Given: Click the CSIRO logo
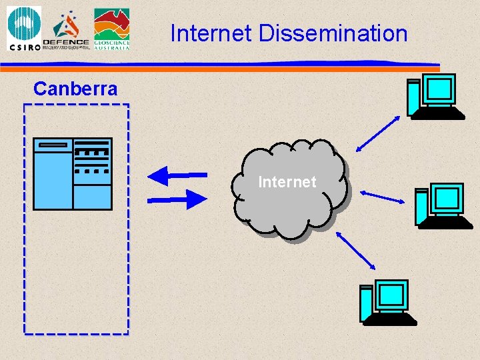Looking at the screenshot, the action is pyautogui.click(x=24, y=29).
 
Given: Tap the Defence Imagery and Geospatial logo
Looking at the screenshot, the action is pyautogui.click(x=66, y=30).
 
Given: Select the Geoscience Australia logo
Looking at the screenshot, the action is pyautogui.click(x=111, y=29).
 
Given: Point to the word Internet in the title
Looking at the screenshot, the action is pyautogui.click(x=211, y=33).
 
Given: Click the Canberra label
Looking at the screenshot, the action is pyautogui.click(x=75, y=89).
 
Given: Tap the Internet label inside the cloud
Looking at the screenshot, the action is pyautogui.click(x=287, y=181).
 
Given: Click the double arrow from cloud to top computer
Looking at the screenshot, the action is pyautogui.click(x=378, y=133).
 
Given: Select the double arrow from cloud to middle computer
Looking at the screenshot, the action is pyautogui.click(x=387, y=197).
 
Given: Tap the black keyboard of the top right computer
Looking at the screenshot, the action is pyautogui.click(x=439, y=113).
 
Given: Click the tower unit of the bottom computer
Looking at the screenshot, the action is pyautogui.click(x=366, y=303).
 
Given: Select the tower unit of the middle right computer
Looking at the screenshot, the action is pyautogui.click(x=421, y=207).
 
